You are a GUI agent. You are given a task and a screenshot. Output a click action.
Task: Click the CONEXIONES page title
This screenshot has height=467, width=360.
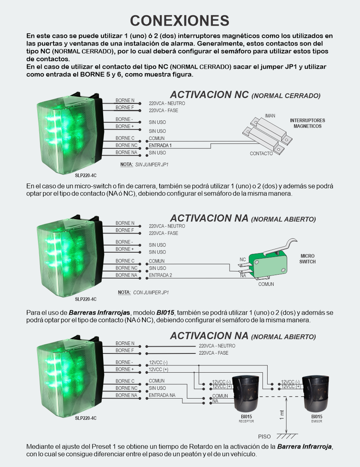pos(180,21)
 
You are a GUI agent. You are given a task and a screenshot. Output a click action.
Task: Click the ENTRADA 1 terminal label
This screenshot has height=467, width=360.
pos(160,146)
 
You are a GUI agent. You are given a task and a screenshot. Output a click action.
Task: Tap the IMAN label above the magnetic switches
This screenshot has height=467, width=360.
pos(270,116)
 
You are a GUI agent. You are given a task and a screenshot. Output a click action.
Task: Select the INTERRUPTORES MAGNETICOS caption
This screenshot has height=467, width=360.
pos(308,123)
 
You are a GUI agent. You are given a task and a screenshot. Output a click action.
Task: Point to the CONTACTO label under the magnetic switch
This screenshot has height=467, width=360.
pos(261,154)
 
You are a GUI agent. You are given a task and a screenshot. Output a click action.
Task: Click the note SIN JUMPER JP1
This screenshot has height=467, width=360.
pos(144,164)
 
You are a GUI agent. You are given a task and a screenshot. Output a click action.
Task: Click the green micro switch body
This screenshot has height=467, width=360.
pos(268,265)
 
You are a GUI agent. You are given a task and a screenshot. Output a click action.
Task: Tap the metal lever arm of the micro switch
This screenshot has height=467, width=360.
pos(280,246)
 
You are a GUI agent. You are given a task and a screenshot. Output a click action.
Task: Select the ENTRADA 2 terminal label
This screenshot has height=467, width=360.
pos(160,275)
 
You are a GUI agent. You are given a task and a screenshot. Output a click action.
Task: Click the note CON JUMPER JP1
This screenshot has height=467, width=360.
pos(143,292)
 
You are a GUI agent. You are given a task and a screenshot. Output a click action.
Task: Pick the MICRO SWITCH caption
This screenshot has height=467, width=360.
pos(308,259)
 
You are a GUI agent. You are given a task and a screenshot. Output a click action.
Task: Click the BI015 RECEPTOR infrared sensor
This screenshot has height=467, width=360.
pos(246,393)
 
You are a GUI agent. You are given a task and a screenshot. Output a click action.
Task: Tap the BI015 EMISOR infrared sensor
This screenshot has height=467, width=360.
pos(316,393)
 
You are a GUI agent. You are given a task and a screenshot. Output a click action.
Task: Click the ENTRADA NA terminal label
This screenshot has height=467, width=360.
pos(162,395)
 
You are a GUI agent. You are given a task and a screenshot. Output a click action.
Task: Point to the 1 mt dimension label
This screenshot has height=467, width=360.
pos(282,415)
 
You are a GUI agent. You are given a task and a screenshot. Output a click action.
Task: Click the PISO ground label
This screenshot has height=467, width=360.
pos(264,437)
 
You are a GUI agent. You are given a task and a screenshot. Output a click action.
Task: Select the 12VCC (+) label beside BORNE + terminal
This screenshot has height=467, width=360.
pos(158,369)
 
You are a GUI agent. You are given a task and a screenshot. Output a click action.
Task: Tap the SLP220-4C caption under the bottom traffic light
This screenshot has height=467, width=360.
pos(86,418)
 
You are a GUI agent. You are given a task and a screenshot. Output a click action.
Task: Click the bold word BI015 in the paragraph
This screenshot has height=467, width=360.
pos(165,313)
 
